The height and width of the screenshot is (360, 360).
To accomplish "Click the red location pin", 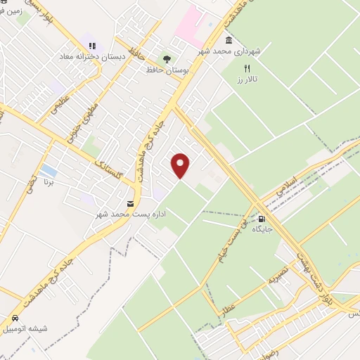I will coord(181,165).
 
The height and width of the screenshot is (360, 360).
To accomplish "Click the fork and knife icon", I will coord(246,69).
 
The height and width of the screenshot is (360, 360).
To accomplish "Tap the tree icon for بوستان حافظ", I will coord(167,59).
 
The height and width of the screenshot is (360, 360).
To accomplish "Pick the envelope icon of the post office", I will coord(130,203).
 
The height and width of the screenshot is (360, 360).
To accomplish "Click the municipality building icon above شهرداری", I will coord(229,40).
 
